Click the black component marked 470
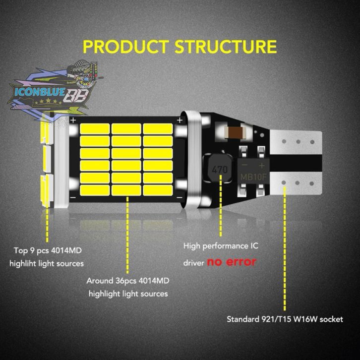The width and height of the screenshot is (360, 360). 219,169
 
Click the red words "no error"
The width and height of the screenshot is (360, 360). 232,261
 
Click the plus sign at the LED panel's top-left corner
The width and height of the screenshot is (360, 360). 73,120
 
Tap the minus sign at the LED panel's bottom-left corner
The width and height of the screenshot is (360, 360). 73,198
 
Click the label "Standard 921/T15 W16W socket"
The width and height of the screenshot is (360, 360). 284,319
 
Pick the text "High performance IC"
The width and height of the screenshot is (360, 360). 221,246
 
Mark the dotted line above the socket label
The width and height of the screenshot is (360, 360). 285,248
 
